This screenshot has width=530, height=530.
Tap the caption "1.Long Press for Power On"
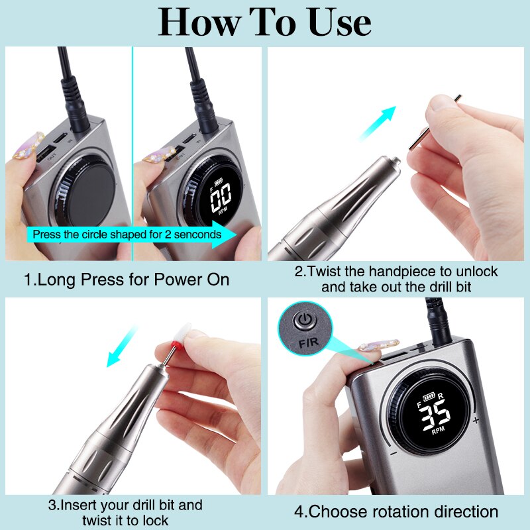point(127,279)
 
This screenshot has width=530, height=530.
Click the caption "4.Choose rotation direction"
point(396,511)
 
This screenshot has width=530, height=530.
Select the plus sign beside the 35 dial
point(476,420)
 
